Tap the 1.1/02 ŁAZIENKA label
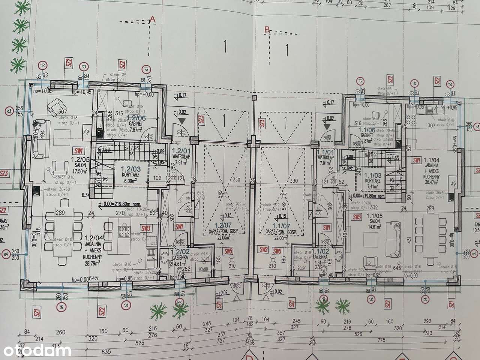(322, 255)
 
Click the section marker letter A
(152, 18)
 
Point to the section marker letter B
(267, 29)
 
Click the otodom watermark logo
(36, 351)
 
